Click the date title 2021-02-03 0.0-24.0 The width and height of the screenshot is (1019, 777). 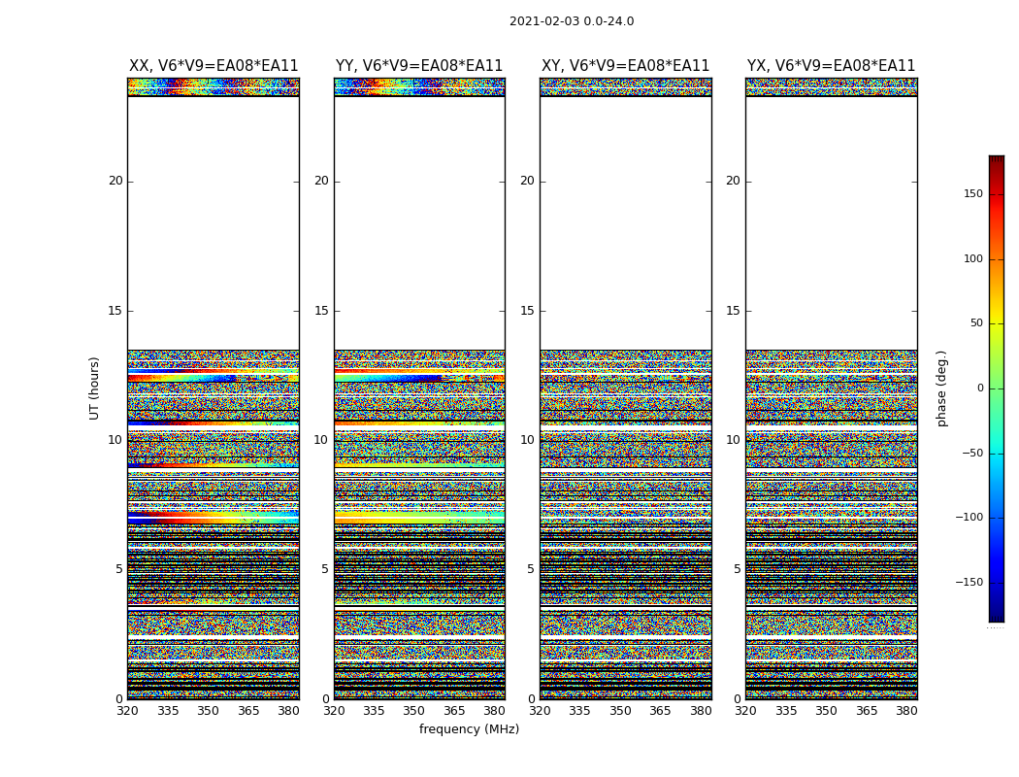point(572,21)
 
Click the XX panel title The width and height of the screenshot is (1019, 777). point(214,66)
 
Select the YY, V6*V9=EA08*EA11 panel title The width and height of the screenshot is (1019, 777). point(419,66)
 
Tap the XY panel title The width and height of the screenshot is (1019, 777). point(625,66)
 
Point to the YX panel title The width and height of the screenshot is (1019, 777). point(831,66)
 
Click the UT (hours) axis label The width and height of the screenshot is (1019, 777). point(95,388)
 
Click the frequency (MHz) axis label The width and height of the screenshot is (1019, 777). point(469,729)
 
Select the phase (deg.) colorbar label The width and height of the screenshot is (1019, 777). point(942,388)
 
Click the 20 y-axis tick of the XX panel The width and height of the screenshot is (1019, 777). point(115,181)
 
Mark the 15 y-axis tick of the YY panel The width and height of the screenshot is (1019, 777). point(321,311)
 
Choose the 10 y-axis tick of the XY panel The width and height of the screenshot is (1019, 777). point(527,440)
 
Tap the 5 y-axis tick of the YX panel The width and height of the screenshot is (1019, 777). point(737,569)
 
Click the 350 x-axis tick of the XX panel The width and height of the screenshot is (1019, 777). point(208,711)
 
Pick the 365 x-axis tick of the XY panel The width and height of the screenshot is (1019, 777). point(660,711)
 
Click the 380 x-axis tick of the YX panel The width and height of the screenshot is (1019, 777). point(906,711)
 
